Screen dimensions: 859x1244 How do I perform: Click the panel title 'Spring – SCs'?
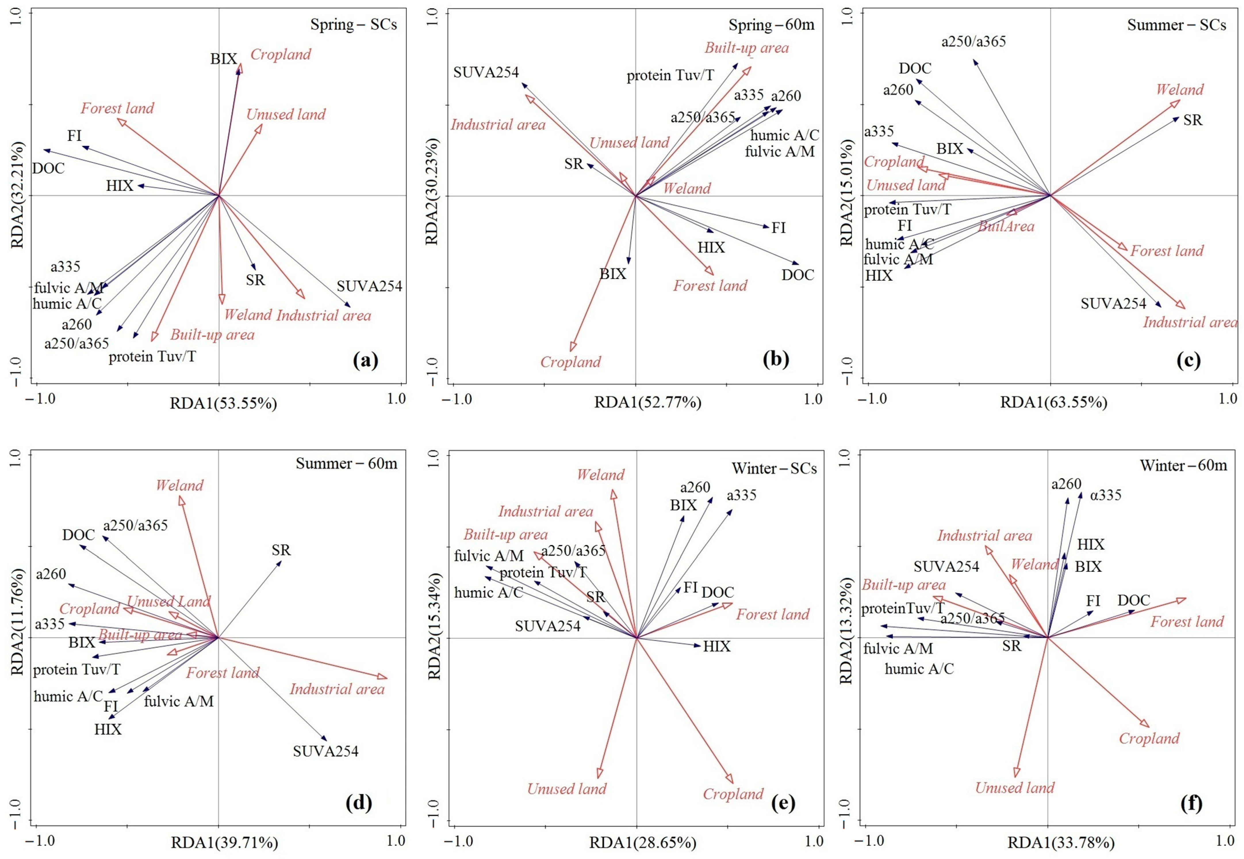coord(353,25)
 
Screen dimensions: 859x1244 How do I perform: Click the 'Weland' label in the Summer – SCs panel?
coord(1179,89)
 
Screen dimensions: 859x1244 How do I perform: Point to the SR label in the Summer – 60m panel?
coord(281,550)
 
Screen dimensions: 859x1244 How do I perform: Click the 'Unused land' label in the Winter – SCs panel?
coord(567,789)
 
